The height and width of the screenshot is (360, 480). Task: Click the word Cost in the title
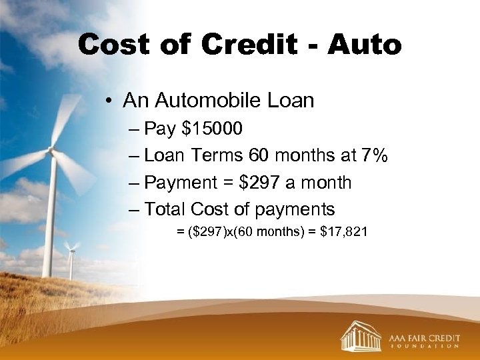tap(111, 45)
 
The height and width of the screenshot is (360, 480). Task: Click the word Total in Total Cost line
tap(165, 209)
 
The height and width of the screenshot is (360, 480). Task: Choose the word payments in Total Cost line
tap(294, 209)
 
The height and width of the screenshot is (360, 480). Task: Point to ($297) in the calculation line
tap(203, 233)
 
